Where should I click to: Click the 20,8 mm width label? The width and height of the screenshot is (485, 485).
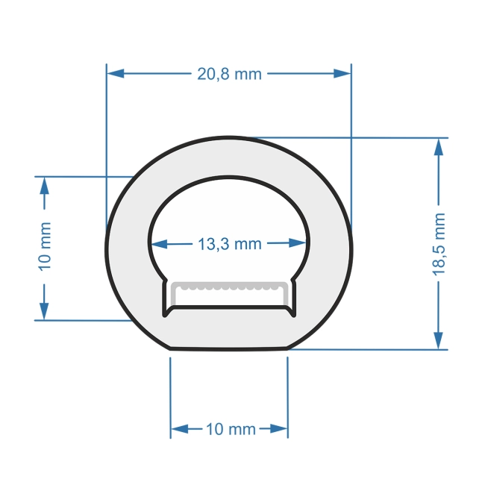229,74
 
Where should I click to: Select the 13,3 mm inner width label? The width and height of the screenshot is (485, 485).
229,243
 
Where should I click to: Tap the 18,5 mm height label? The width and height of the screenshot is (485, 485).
439,243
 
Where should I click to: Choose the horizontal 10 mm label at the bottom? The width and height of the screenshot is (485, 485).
230,429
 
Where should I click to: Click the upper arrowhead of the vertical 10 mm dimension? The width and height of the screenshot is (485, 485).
45,186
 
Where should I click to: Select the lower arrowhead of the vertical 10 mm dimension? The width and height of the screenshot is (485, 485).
45,311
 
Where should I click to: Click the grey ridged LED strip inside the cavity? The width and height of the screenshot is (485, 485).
228,287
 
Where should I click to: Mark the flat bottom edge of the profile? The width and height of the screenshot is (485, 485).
229,348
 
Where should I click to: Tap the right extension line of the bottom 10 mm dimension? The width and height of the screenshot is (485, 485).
288,395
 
